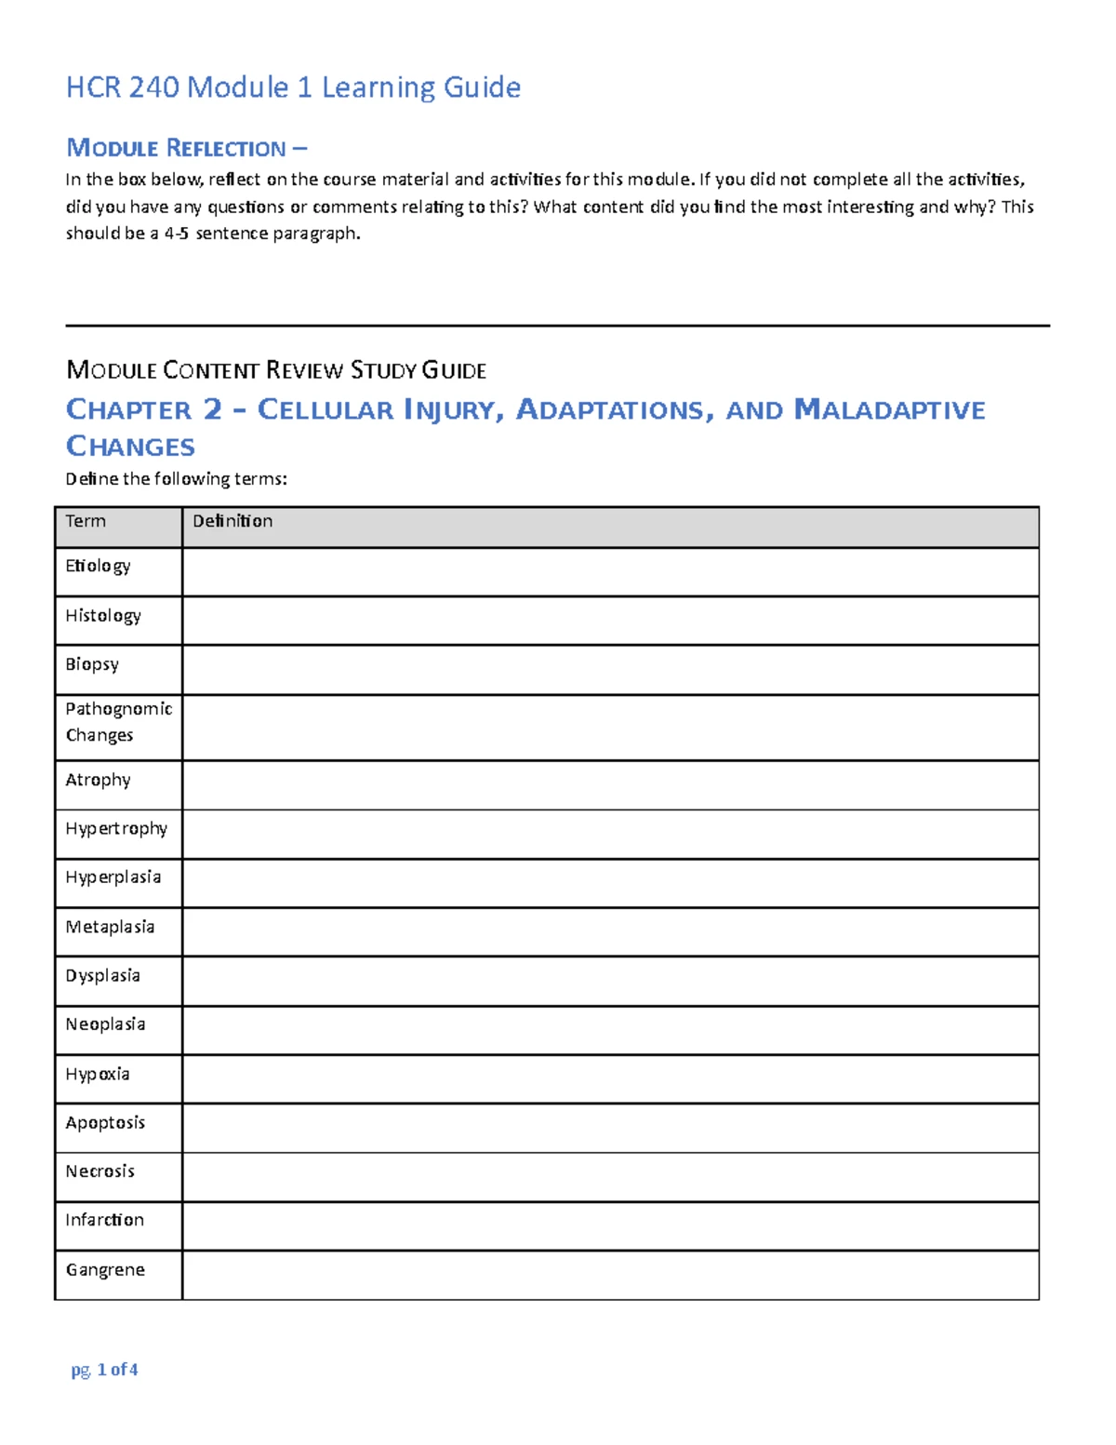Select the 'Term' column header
tap(86, 521)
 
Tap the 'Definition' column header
tap(232, 521)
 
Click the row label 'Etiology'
tap(98, 567)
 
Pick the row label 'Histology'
tap(103, 616)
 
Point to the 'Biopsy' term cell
tap(92, 664)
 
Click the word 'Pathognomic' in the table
tap(118, 709)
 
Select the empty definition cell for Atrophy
tap(609, 784)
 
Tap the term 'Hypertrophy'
tap(116, 829)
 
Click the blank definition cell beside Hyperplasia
tap(609, 883)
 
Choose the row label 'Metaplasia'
tap(110, 927)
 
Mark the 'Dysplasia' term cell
tap(102, 976)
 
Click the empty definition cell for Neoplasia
tap(609, 1030)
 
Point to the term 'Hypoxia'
tap(98, 1075)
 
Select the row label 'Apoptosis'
tap(105, 1123)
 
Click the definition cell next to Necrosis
tap(609, 1177)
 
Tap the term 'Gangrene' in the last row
tap(105, 1270)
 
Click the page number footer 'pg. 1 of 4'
tap(104, 1370)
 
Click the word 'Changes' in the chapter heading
tap(130, 447)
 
